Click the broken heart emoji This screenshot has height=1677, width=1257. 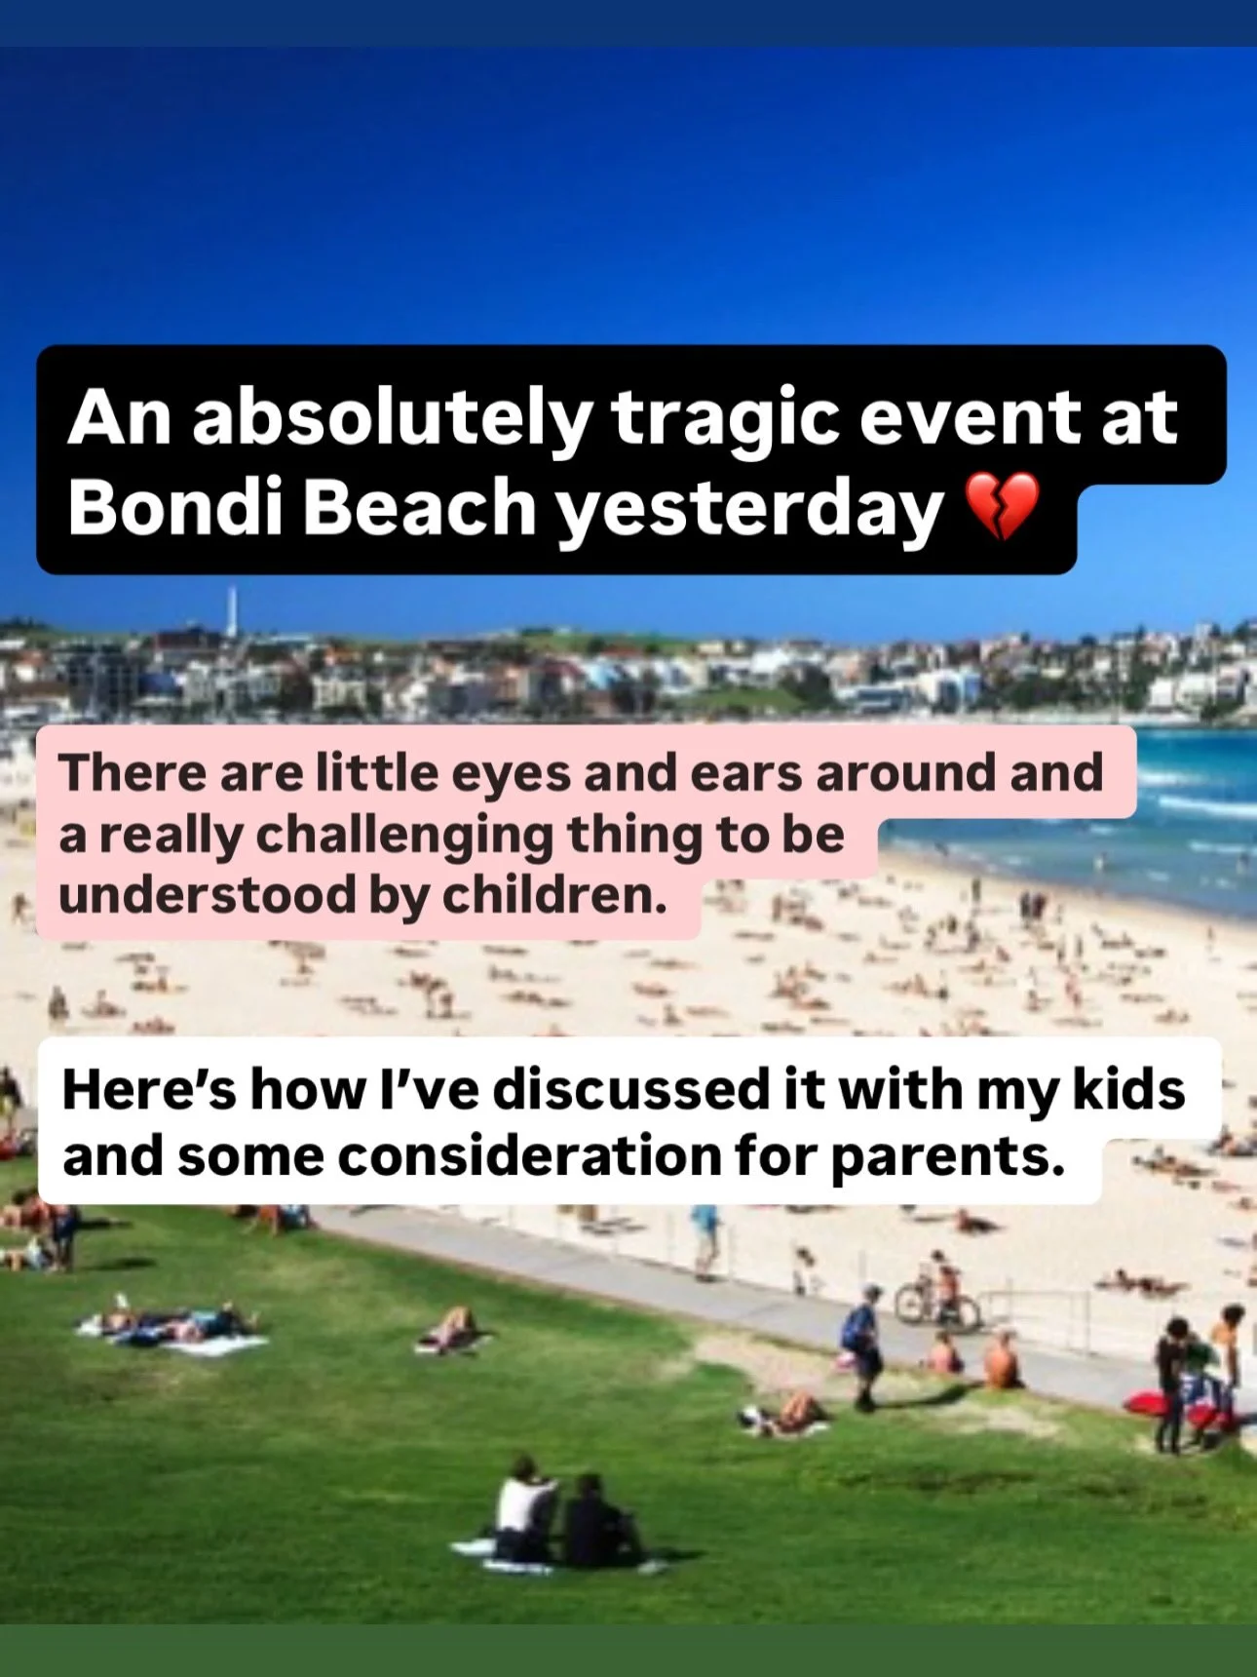point(1001,507)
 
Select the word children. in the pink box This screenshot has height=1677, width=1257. point(554,895)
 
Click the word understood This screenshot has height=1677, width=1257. point(206,895)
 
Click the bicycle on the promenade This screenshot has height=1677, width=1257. point(935,1302)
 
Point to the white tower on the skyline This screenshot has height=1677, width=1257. point(232,612)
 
